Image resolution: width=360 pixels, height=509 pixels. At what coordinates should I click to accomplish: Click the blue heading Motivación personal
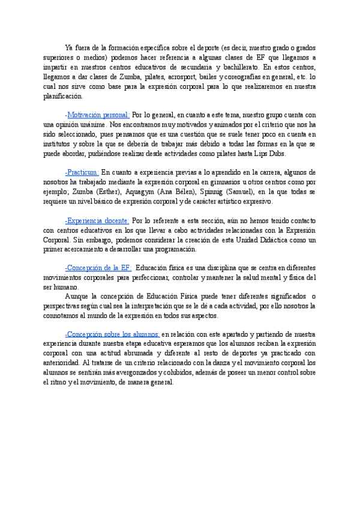[x=96, y=115]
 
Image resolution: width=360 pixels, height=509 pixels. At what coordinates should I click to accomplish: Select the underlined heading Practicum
[x=82, y=172]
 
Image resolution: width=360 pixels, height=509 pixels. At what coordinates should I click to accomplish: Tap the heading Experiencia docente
[x=96, y=221]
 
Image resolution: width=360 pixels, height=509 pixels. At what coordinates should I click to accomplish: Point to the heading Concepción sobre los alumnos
[x=112, y=334]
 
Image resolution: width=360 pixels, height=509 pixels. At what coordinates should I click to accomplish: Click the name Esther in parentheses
[x=109, y=191]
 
